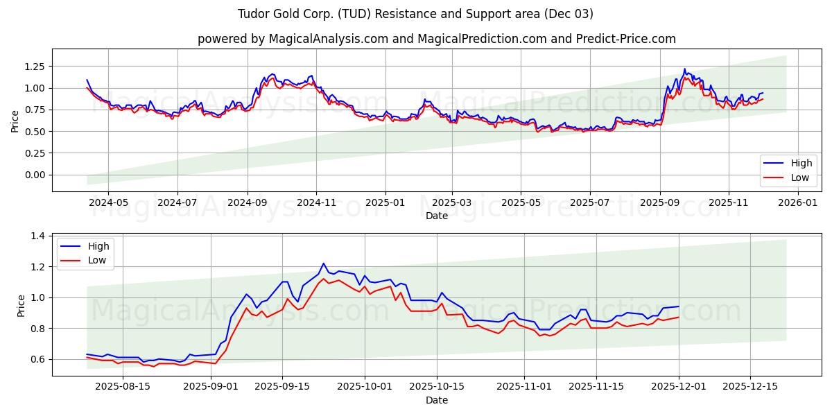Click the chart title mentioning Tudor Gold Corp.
click(x=415, y=14)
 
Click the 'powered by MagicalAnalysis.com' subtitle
click(x=436, y=39)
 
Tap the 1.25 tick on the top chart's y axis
click(x=34, y=66)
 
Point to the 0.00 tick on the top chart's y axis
click(x=34, y=175)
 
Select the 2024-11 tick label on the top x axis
click(x=316, y=202)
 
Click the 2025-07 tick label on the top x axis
click(x=589, y=202)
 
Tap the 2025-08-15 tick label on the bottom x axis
click(x=123, y=387)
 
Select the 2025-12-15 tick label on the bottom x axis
click(x=750, y=387)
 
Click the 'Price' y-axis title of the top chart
click(x=15, y=121)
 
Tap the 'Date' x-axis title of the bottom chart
click(x=436, y=400)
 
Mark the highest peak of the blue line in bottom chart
click(x=323, y=263)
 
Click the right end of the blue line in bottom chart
click(x=678, y=306)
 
